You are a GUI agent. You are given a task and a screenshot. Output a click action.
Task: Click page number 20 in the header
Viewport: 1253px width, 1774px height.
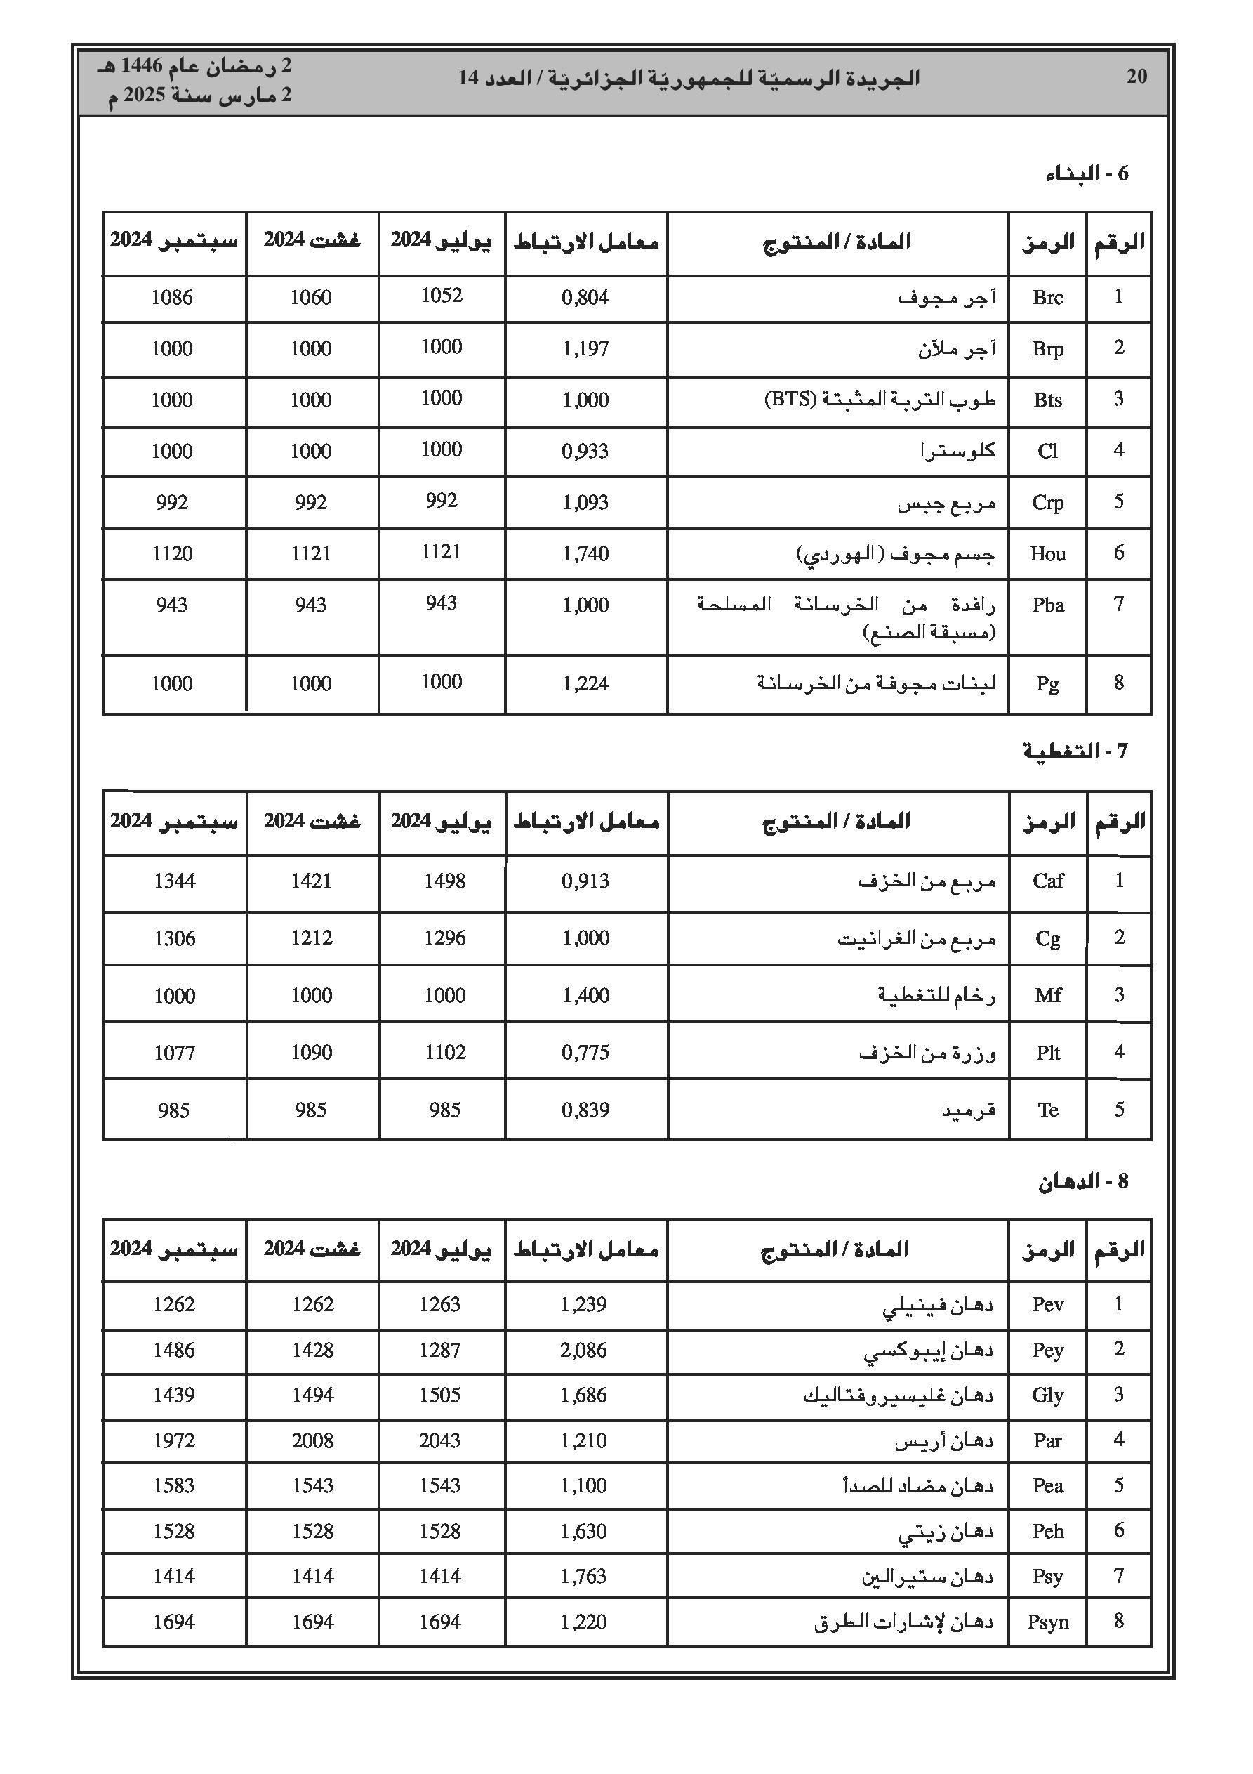(1136, 77)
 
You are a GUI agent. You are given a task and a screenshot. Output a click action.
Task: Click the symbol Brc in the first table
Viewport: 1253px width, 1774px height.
(1047, 298)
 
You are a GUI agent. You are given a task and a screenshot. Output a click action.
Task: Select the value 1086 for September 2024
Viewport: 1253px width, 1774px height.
(171, 298)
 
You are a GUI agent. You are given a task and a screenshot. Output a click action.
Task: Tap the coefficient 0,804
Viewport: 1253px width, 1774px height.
(585, 298)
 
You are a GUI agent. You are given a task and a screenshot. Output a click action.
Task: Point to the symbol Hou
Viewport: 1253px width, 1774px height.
(1047, 554)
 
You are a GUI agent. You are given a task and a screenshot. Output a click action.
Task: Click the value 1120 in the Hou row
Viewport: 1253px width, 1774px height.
(171, 554)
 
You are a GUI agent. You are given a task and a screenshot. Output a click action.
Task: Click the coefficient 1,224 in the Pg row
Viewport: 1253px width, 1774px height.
(585, 684)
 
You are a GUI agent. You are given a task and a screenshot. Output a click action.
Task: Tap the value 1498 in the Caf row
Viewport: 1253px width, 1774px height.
(444, 881)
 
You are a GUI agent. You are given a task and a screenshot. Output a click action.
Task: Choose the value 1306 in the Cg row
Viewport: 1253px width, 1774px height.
(175, 939)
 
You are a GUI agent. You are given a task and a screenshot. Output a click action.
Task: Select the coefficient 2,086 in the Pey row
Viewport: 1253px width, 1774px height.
(583, 1351)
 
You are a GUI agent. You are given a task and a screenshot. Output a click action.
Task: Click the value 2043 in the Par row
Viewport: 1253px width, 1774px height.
(439, 1441)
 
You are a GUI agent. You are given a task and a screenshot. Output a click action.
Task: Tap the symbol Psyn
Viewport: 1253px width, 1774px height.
(1047, 1622)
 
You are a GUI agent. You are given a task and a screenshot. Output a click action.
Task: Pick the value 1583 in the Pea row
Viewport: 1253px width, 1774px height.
(174, 1487)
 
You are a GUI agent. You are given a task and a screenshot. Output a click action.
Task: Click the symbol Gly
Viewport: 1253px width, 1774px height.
(1047, 1396)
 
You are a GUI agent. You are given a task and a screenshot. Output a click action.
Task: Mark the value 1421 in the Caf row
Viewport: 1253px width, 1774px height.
(310, 881)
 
